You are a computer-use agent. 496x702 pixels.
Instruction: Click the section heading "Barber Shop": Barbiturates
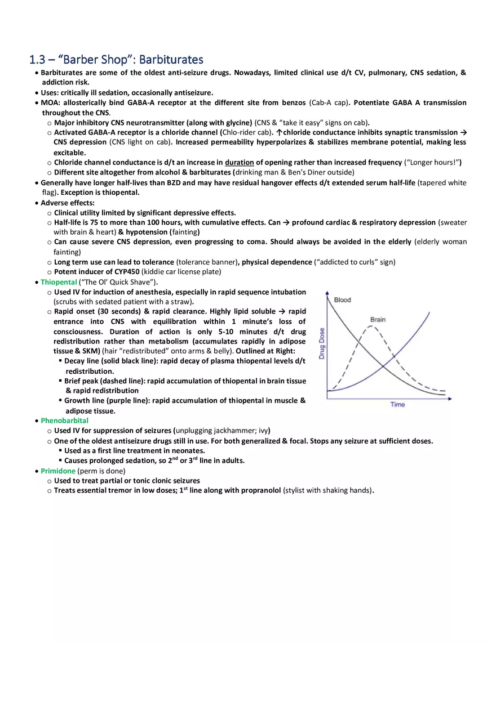(116, 59)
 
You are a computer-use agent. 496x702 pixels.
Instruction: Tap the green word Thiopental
(59, 282)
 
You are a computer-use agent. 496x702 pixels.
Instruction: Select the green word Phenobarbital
(64, 421)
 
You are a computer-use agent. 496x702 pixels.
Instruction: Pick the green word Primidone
(58, 471)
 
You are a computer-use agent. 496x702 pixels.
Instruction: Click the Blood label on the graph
(342, 300)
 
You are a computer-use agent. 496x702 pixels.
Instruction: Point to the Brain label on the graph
(378, 320)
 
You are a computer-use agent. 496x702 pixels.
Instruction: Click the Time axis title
(397, 405)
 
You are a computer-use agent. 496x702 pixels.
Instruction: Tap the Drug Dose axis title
(322, 343)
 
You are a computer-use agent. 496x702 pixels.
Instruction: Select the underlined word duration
(239, 163)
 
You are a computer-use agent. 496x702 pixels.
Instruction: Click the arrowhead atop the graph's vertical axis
(327, 293)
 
